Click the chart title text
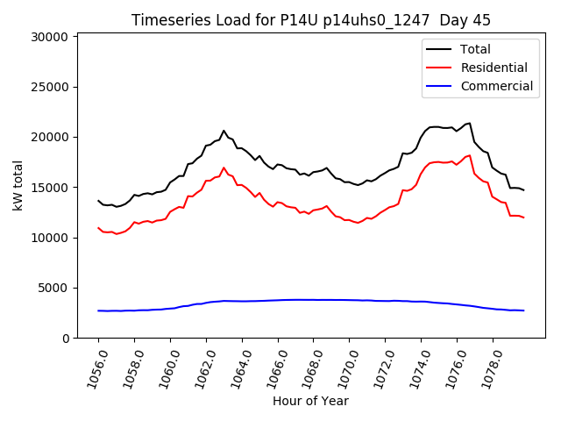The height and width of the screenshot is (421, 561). point(311,20)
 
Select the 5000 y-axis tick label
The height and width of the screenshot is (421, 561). point(53,288)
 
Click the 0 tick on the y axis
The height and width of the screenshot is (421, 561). point(66,339)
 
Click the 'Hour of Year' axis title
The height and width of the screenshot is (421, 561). point(310,401)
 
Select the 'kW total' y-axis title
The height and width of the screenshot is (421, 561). point(18,185)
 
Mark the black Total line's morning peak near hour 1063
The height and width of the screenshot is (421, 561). point(224,131)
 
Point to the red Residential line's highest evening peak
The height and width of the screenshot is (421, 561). point(470,155)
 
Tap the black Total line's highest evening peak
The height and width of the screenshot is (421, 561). point(470,123)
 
